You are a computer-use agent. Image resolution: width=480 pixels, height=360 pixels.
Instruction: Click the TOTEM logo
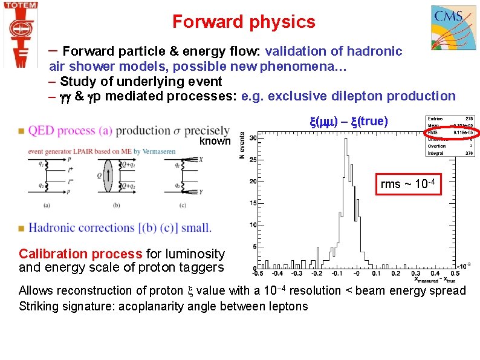pyautogui.click(x=21, y=33)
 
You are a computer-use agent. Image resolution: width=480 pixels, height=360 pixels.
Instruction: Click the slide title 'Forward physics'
pyautogui.click(x=244, y=22)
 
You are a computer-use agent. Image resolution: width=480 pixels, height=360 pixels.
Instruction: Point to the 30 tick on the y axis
pyautogui.click(x=254, y=138)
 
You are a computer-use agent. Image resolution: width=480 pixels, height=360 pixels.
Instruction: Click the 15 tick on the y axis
pyautogui.click(x=254, y=203)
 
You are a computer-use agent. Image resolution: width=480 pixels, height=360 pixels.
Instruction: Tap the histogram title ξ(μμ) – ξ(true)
pyautogui.click(x=348, y=122)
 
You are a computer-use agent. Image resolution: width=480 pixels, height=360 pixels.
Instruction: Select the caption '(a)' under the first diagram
pyautogui.click(x=47, y=206)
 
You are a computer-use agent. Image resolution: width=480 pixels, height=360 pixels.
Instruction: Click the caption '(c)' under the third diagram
pyautogui.click(x=181, y=206)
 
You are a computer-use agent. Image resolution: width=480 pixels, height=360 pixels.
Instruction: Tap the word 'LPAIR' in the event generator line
pyautogui.click(x=85, y=151)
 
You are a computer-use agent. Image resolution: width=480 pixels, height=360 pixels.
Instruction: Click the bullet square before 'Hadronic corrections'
pyautogui.click(x=22, y=228)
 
